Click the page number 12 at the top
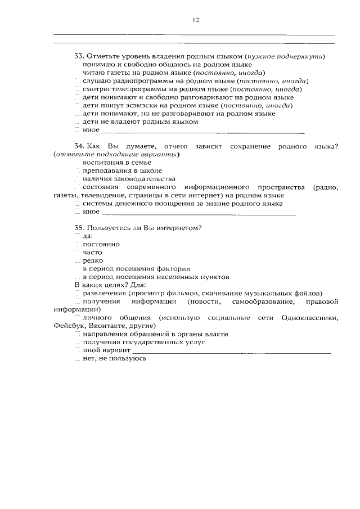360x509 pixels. tap(195, 20)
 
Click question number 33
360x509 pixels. tap(79, 57)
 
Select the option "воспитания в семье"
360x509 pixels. tap(116, 163)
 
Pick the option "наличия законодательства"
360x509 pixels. tap(125, 179)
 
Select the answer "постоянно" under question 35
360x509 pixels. tap(101, 245)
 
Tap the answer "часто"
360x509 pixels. tap(92, 253)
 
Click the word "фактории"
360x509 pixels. tap(175, 269)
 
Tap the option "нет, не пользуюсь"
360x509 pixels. tap(114, 358)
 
